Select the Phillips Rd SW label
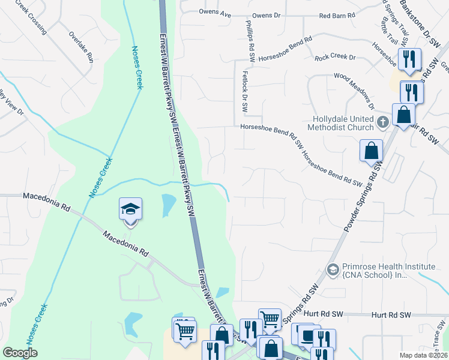pos(250,40)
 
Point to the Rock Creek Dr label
pos(335,58)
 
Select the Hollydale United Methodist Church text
pos(342,123)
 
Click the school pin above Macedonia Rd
pos(130,210)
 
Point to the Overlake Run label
pos(82,47)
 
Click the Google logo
pos(20,353)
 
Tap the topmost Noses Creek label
pos(137,67)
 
